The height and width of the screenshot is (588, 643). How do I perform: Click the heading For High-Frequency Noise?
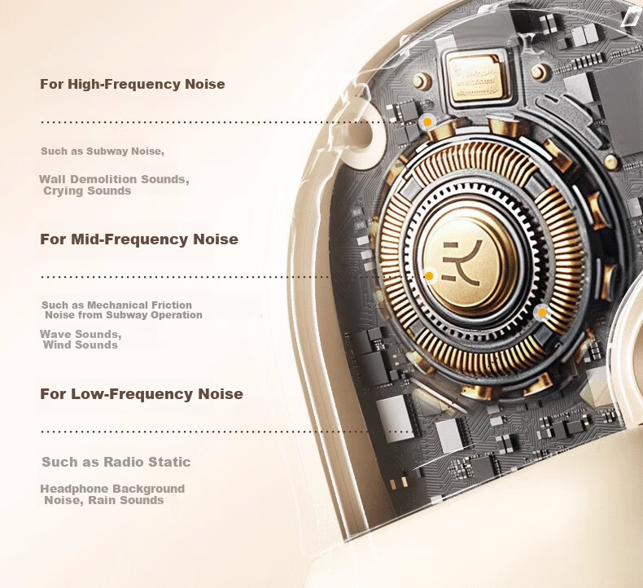(x=132, y=84)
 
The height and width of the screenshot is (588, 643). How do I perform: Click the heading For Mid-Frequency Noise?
(x=139, y=239)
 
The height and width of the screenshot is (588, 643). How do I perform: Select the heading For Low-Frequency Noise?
(x=142, y=394)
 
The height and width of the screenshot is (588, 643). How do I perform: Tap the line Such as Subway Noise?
(x=103, y=151)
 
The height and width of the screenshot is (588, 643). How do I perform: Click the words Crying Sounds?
(x=87, y=191)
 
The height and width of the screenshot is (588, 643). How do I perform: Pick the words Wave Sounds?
(x=81, y=334)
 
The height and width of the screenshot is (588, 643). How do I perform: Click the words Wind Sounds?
(x=81, y=344)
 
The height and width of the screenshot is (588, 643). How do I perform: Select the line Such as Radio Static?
(x=116, y=462)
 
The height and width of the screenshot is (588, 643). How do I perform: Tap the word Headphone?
(x=74, y=489)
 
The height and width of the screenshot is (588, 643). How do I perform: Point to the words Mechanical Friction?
(x=139, y=305)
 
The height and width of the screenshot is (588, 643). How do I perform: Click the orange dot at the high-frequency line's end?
(x=427, y=122)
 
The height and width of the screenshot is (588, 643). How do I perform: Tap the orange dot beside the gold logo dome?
(x=429, y=276)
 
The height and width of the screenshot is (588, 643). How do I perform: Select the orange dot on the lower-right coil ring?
(x=542, y=313)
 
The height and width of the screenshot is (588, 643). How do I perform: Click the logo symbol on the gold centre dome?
(x=462, y=262)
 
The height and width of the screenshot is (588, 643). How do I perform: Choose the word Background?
(x=148, y=489)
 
